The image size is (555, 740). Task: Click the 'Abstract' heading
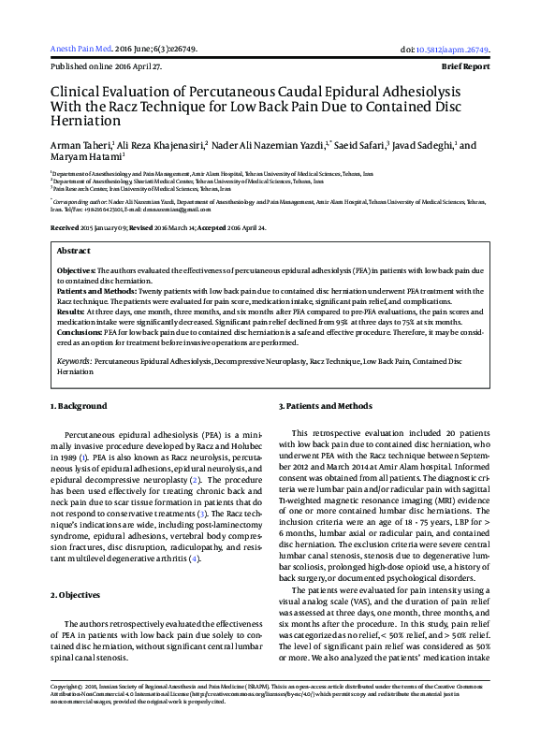pyautogui.click(x=74, y=252)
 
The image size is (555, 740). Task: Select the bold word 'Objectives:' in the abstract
pyautogui.click(x=77, y=270)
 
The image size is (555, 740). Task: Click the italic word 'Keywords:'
pyautogui.click(x=74, y=360)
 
